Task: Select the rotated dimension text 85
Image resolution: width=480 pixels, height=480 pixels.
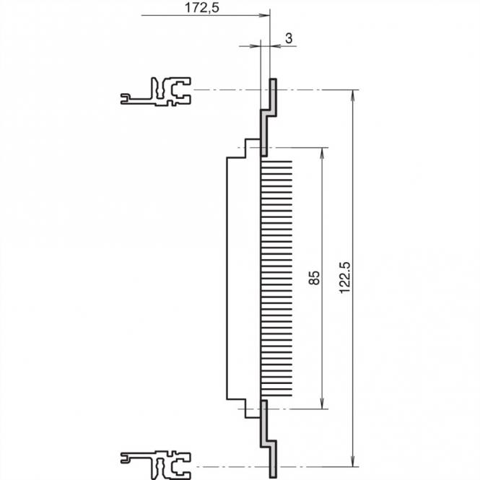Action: [x=313, y=279]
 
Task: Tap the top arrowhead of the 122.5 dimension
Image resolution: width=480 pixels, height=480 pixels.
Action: [x=353, y=94]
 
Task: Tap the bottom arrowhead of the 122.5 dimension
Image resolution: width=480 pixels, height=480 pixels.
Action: [x=353, y=462]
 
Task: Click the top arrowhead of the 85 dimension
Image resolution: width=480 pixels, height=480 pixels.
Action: [x=321, y=152]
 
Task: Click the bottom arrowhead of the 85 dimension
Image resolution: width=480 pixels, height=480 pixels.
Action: [x=321, y=404]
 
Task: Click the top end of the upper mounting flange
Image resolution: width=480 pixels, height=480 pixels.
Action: [x=274, y=81]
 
